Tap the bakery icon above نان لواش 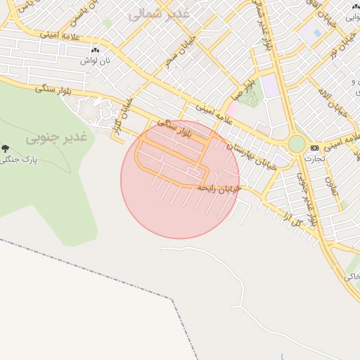[x=96, y=51]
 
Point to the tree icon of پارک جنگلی [x=6, y=148]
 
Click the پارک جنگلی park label [x=28, y=160]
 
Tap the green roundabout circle [x=297, y=144]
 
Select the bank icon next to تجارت [x=314, y=148]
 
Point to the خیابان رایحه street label [x=219, y=188]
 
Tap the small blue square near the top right [x=317, y=32]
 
